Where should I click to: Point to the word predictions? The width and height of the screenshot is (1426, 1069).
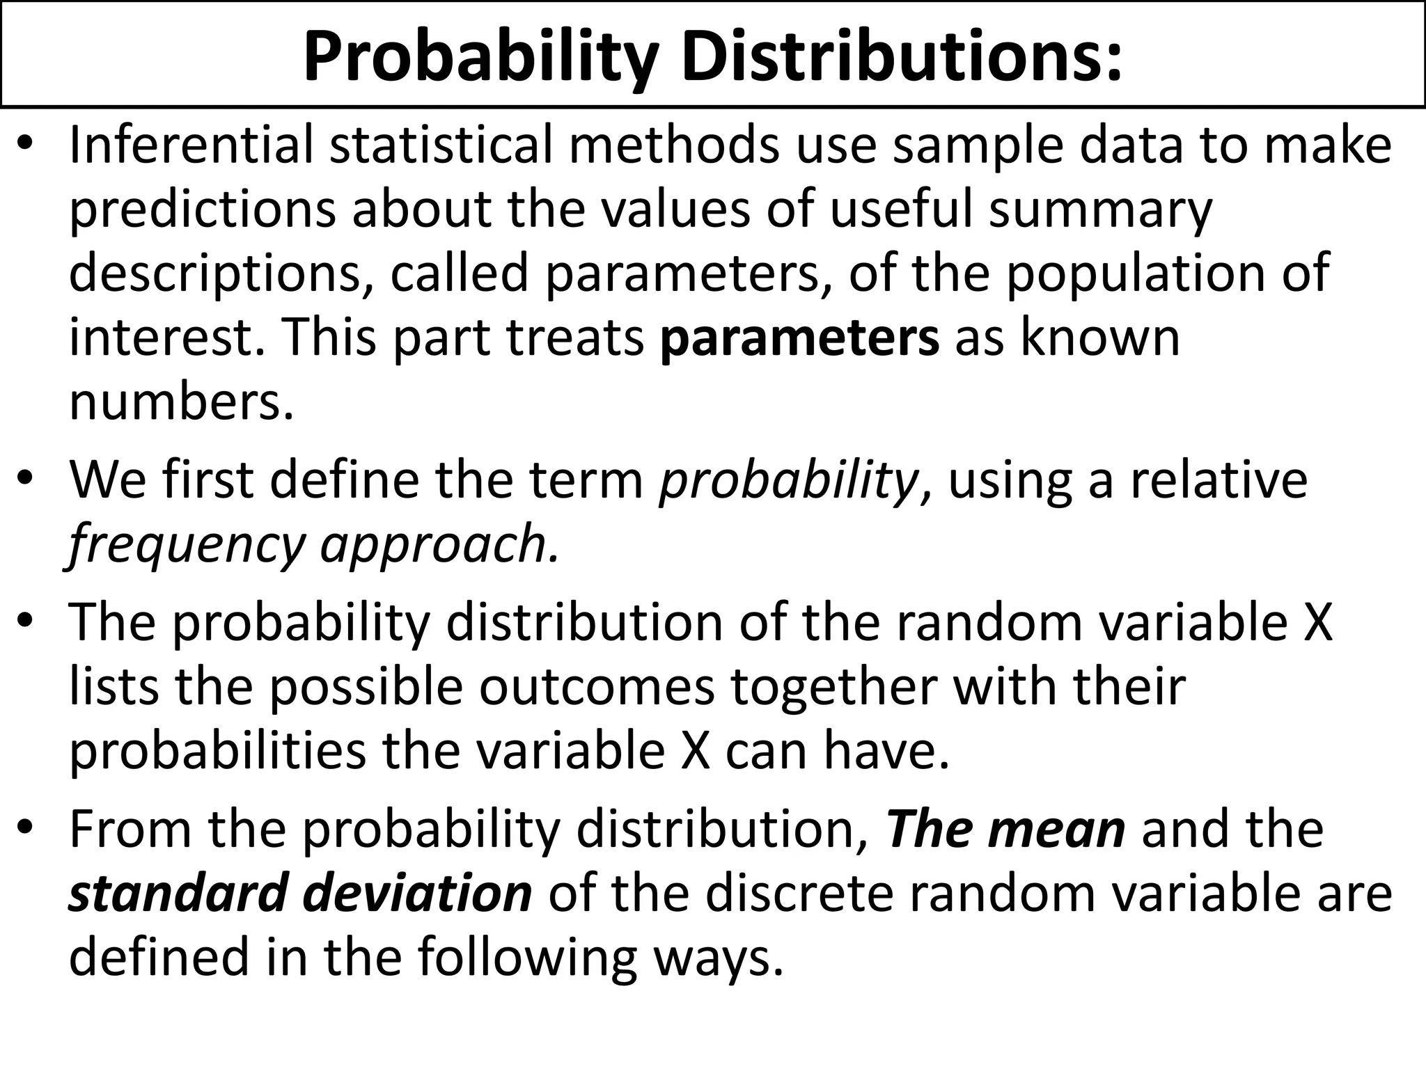click(x=202, y=210)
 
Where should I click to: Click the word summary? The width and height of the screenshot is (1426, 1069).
click(x=1100, y=210)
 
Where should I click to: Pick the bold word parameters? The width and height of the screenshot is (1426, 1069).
click(x=799, y=338)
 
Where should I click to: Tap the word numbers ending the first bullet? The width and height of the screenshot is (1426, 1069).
click(x=181, y=403)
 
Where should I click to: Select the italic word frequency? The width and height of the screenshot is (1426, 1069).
click(x=187, y=545)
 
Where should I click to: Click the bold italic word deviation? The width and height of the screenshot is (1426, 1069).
click(x=418, y=894)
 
